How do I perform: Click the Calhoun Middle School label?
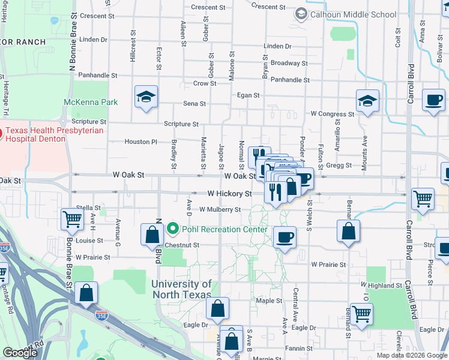pos(354,14)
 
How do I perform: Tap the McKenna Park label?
pos(91,102)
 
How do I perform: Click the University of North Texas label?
pos(182,289)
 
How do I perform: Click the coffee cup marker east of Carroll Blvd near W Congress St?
pos(433,100)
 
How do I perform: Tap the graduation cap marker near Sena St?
pos(146,98)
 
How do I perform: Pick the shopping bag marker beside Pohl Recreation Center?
pos(152,234)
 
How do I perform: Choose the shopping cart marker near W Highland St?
pos(361,314)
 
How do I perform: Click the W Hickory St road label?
pos(229,194)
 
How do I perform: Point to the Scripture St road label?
pos(181,124)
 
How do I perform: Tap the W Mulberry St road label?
pos(220,209)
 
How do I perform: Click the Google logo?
pos(20,353)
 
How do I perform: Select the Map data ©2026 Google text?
pos(411,355)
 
